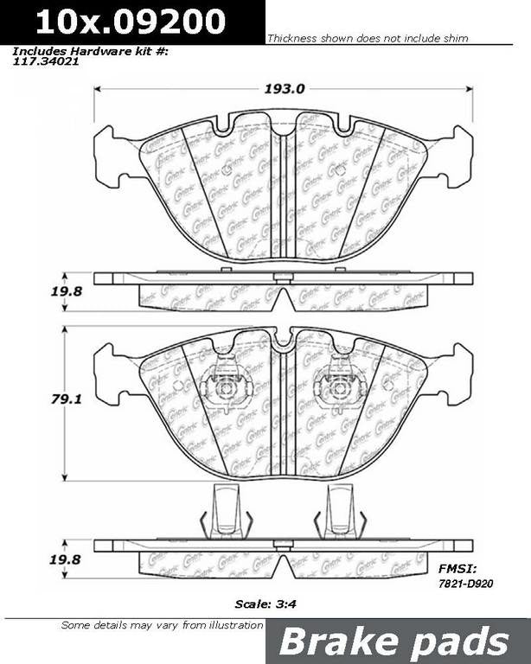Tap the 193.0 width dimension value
(284, 88)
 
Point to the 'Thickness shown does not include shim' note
(368, 39)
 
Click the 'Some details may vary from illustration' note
(161, 624)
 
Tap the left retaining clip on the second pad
(226, 386)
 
